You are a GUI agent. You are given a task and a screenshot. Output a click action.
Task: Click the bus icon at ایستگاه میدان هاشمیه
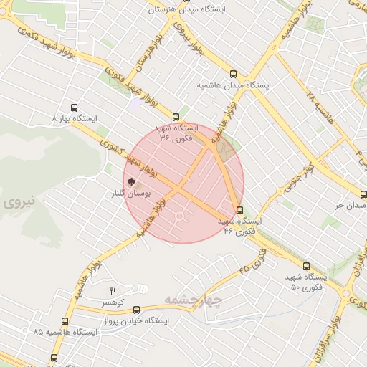pyautogui.click(x=232, y=74)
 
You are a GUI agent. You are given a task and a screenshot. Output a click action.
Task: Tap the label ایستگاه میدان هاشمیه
pyautogui.click(x=234, y=85)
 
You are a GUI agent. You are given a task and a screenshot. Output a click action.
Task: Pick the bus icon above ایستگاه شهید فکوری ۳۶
pyautogui.click(x=176, y=117)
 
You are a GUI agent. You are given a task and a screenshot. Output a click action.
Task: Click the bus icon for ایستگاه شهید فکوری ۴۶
pyautogui.click(x=239, y=211)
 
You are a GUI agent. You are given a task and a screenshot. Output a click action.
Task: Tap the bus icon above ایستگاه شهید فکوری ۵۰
pyautogui.click(x=306, y=265)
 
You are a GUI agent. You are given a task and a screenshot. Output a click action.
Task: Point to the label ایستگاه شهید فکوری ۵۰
pyautogui.click(x=306, y=281)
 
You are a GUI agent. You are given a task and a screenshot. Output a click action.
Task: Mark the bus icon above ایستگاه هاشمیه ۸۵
pyautogui.click(x=65, y=321)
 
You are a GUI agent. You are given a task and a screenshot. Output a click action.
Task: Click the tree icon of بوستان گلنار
pyautogui.click(x=130, y=183)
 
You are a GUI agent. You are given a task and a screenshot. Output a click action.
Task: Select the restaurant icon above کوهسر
pyautogui.click(x=112, y=291)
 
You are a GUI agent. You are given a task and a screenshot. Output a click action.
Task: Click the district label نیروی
pyautogui.click(x=19, y=203)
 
